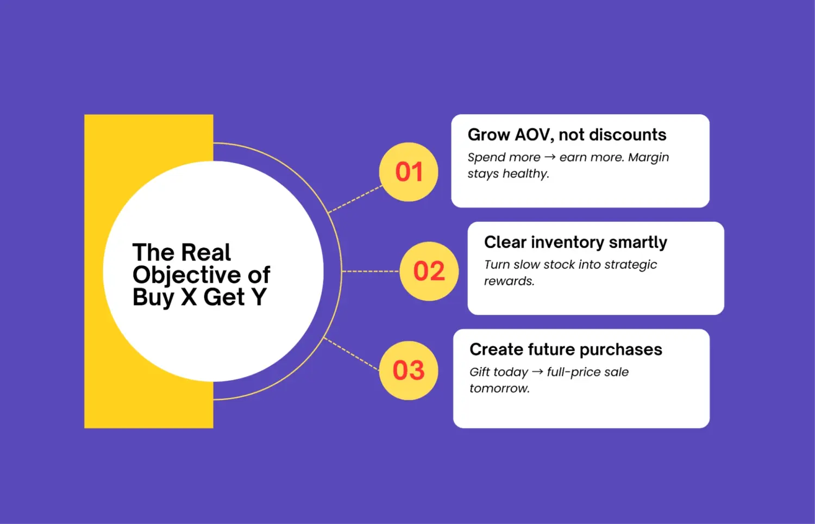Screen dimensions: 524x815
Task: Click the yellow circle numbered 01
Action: [x=409, y=172]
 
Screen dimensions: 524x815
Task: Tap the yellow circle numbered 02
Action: [x=429, y=271]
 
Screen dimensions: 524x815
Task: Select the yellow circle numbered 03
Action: [x=409, y=371]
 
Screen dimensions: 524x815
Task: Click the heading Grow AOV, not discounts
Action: [x=567, y=135]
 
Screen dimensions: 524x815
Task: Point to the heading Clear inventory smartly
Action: [x=575, y=242]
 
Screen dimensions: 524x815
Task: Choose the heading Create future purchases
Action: [x=566, y=350]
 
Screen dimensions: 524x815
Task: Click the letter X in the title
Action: [x=189, y=297]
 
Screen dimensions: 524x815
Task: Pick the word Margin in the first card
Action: [x=648, y=158]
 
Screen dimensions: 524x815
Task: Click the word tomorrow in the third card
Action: [x=499, y=389]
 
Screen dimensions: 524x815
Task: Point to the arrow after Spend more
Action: [x=550, y=158]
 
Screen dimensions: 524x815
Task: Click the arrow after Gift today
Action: [x=537, y=372]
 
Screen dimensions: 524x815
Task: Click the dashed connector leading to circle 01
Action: [x=356, y=198]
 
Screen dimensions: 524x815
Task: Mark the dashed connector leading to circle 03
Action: [x=352, y=354]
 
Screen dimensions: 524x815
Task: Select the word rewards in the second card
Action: [x=509, y=281]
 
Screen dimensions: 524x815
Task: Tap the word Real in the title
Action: [x=206, y=253]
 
